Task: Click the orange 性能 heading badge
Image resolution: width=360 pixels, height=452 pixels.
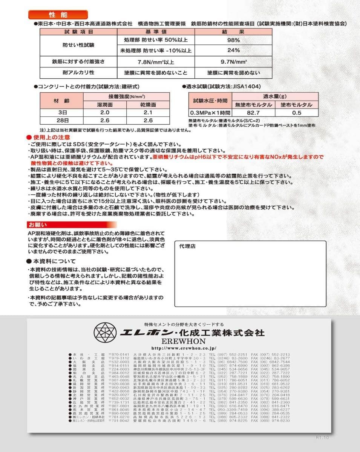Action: click(58, 15)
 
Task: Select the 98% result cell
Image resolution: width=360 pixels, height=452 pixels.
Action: click(233, 40)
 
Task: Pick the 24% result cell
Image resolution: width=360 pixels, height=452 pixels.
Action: click(233, 50)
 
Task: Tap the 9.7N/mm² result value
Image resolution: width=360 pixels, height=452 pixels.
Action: click(233, 61)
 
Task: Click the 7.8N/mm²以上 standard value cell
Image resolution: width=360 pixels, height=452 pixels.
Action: click(156, 61)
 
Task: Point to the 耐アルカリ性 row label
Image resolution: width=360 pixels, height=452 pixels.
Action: click(78, 72)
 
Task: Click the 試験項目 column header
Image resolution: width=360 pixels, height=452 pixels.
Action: click(78, 32)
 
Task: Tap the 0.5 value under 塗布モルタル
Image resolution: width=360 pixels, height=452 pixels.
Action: click(297, 113)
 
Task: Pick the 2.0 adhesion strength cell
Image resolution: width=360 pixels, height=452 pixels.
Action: click(105, 113)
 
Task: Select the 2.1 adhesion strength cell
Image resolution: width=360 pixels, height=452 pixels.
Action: click(148, 113)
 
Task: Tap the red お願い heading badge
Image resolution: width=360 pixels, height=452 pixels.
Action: click(37, 225)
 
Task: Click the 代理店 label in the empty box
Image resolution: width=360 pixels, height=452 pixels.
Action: click(188, 246)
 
